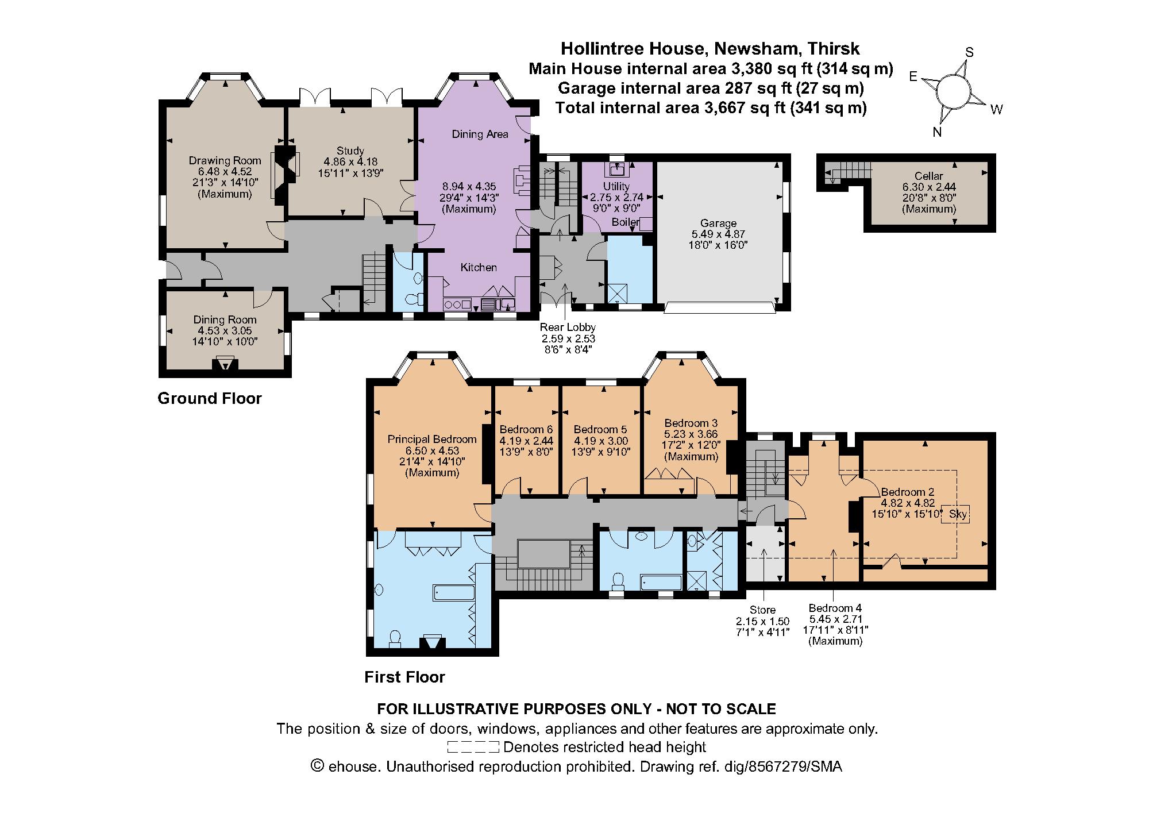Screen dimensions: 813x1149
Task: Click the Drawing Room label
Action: pyautogui.click(x=225, y=161)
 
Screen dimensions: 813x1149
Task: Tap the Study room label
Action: pyautogui.click(x=350, y=151)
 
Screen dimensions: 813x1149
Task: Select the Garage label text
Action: pyautogui.click(x=718, y=223)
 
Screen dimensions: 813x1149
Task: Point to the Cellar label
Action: pyautogui.click(x=928, y=176)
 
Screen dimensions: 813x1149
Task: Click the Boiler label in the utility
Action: pyautogui.click(x=625, y=222)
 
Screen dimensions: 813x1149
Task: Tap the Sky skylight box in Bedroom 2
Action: pyautogui.click(x=957, y=514)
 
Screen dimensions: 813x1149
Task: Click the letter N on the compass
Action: pyautogui.click(x=936, y=132)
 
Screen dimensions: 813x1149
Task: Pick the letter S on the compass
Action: pyautogui.click(x=969, y=52)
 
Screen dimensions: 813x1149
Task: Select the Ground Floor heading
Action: pyautogui.click(x=210, y=398)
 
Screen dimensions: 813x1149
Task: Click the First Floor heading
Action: pyautogui.click(x=404, y=677)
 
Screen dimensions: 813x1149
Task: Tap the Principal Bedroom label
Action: pyautogui.click(x=431, y=440)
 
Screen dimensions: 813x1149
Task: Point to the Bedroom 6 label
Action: pyautogui.click(x=526, y=429)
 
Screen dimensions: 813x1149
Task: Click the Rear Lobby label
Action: pyautogui.click(x=567, y=327)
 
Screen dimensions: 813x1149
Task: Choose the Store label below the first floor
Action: pyautogui.click(x=762, y=610)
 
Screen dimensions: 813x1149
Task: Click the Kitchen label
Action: pyautogui.click(x=479, y=267)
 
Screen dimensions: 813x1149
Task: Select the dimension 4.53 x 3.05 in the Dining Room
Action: pyautogui.click(x=225, y=331)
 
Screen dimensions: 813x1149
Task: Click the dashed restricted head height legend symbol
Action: pyautogui.click(x=472, y=748)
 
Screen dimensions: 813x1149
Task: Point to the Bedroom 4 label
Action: pyautogui.click(x=835, y=608)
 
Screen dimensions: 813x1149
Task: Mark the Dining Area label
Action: pyautogui.click(x=480, y=134)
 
